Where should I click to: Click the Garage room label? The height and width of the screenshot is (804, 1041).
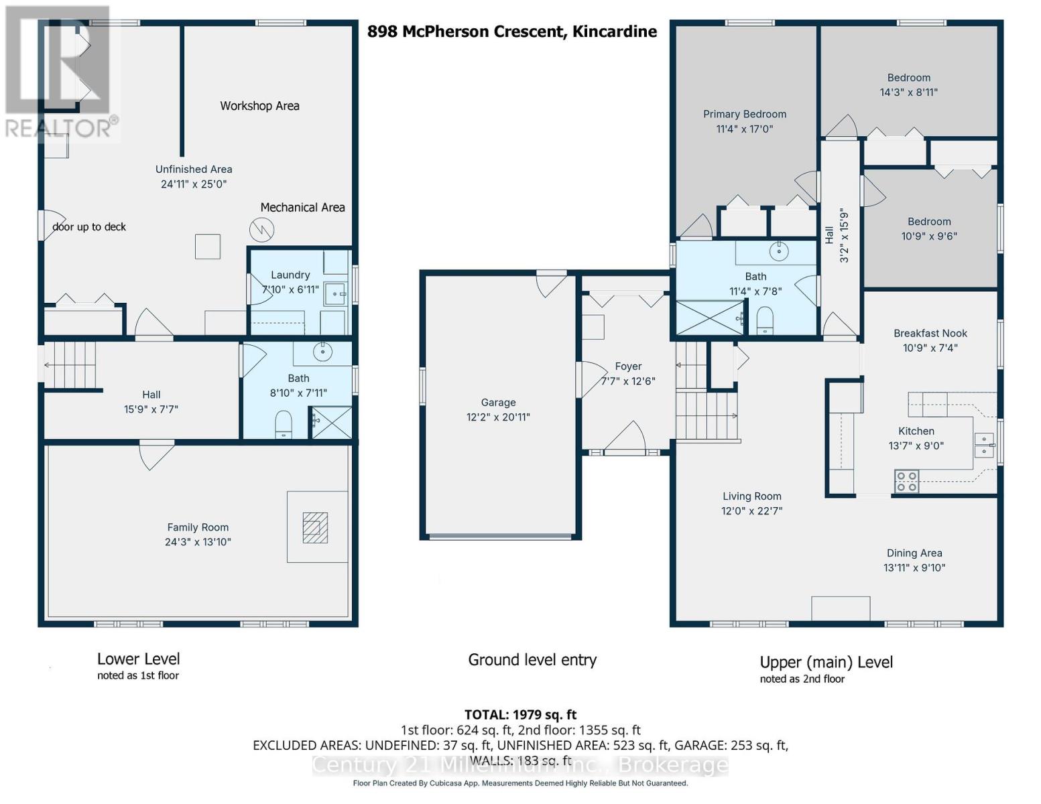pyautogui.click(x=498, y=402)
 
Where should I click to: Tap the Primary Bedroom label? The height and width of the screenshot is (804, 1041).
pyautogui.click(x=744, y=114)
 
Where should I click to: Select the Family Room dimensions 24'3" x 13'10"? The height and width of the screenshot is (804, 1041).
pyautogui.click(x=198, y=541)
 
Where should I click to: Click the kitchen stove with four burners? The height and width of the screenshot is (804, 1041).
pyautogui.click(x=906, y=481)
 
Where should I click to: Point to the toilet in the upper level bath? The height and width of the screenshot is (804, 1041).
pyautogui.click(x=765, y=320)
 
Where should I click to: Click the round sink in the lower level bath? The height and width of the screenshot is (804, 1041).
pyautogui.click(x=322, y=352)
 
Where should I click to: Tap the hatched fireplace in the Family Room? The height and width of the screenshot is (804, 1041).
pyautogui.click(x=315, y=528)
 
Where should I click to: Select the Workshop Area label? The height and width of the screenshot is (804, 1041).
pyautogui.click(x=259, y=106)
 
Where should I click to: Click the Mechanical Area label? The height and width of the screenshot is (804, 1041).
pyautogui.click(x=302, y=207)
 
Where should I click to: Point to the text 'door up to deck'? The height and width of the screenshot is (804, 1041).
pyautogui.click(x=89, y=226)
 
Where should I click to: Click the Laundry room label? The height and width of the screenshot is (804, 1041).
pyautogui.click(x=290, y=275)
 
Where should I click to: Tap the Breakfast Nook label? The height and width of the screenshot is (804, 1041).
pyautogui.click(x=930, y=333)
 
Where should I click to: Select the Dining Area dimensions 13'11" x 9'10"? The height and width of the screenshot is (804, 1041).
pyautogui.click(x=914, y=567)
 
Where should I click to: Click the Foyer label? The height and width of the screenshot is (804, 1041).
pyautogui.click(x=628, y=366)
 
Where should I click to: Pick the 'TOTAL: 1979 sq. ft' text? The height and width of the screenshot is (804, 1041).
pyautogui.click(x=520, y=714)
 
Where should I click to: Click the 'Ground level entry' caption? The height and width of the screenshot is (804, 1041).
pyautogui.click(x=532, y=660)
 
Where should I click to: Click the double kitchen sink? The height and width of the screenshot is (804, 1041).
pyautogui.click(x=985, y=446)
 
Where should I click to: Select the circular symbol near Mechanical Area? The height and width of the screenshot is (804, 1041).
pyautogui.click(x=261, y=230)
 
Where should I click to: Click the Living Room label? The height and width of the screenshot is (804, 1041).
pyautogui.click(x=751, y=496)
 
